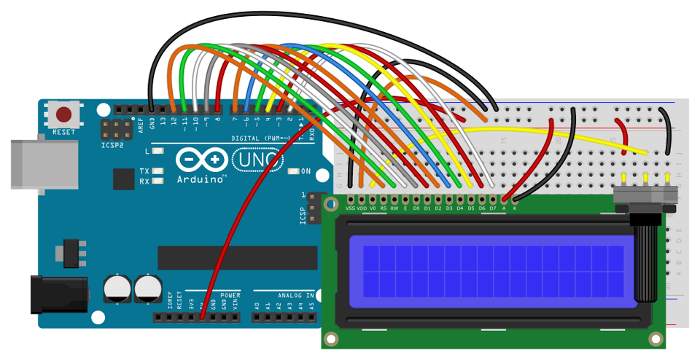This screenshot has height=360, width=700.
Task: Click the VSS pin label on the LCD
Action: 350,208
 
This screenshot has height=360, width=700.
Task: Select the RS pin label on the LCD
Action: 384,208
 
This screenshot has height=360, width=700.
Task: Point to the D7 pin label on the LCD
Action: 492,208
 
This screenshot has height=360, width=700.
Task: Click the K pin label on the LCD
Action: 514,208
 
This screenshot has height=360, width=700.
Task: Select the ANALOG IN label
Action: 295,295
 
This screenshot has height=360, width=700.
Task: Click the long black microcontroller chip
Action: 238,257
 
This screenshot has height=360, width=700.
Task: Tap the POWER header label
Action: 230,295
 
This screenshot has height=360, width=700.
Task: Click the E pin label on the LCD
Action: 405,208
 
